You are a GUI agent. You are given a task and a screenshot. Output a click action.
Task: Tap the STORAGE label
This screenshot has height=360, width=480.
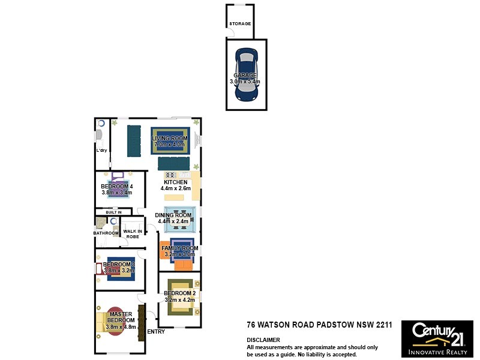(240, 24)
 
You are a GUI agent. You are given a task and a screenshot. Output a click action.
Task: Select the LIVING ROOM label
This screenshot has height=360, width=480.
(170, 139)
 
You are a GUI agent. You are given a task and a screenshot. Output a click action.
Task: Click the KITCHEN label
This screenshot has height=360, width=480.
(175, 182)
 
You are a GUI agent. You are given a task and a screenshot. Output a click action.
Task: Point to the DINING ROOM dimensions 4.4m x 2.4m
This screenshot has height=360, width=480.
(173, 221)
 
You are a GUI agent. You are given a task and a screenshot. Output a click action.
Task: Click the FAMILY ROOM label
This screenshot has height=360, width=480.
(179, 248)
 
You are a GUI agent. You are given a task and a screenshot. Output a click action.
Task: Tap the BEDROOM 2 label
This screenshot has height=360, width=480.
(179, 293)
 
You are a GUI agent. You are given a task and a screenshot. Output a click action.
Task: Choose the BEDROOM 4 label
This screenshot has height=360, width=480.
(116, 187)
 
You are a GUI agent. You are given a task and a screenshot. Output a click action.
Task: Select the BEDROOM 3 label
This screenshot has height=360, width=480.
(119, 265)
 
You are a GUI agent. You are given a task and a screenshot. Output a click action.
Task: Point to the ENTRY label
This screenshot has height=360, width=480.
(155, 332)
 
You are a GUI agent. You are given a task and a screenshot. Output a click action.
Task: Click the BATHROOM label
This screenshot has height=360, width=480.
(106, 233)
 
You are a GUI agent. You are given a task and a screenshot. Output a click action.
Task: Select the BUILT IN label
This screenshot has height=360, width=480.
(113, 212)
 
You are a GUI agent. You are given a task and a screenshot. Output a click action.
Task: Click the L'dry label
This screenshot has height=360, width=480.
(101, 151)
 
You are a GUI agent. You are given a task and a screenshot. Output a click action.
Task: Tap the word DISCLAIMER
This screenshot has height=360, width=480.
(263, 340)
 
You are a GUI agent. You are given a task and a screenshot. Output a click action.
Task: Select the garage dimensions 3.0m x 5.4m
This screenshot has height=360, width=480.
(245, 82)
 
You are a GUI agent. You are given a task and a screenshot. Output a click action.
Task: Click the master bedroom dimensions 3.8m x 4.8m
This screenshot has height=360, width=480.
(121, 327)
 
